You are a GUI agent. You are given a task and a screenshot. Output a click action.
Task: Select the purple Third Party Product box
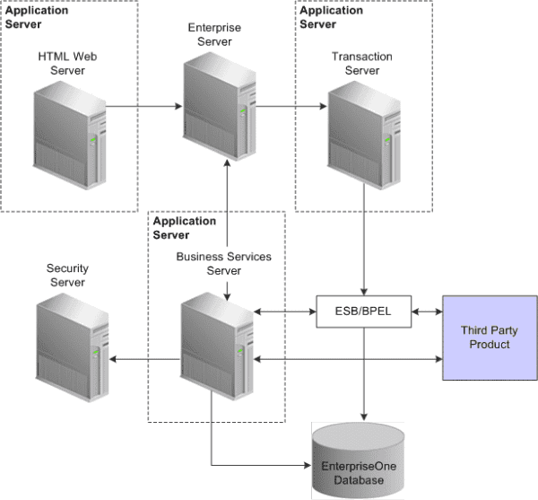488,338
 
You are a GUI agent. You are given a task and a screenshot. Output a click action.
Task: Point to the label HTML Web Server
67,64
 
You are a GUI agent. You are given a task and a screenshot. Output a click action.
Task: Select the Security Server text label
66,276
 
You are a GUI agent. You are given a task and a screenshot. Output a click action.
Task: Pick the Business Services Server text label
223,263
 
